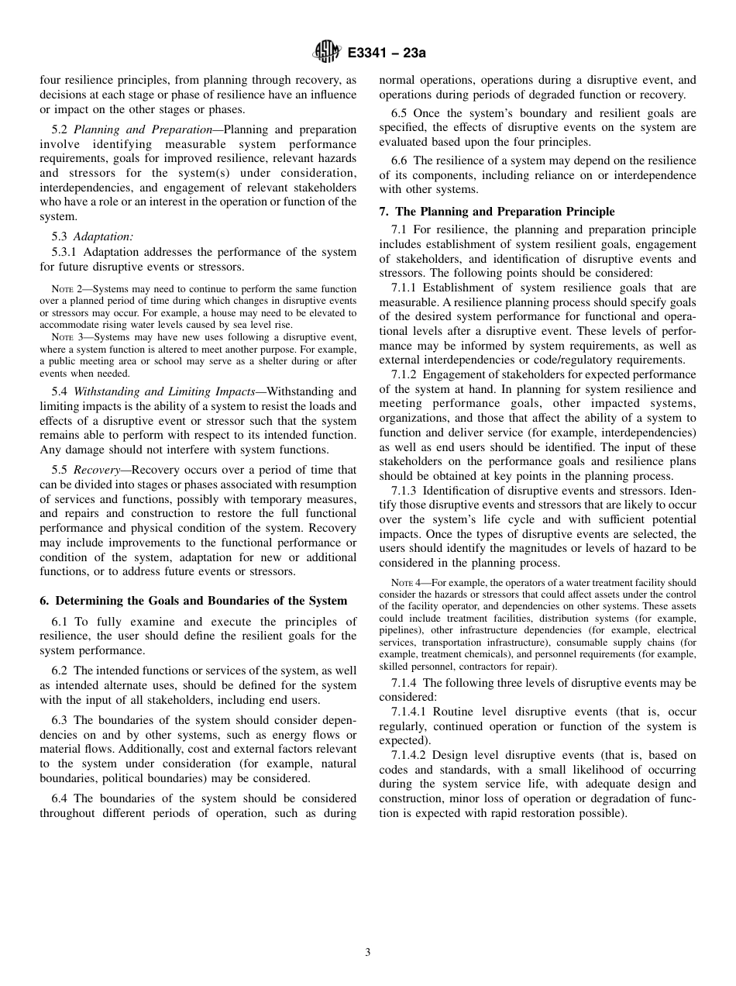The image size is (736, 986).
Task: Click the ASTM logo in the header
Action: coord(326,53)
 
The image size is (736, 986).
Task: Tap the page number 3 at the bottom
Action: coord(368,953)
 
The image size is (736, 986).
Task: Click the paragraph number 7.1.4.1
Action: coord(409,712)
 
